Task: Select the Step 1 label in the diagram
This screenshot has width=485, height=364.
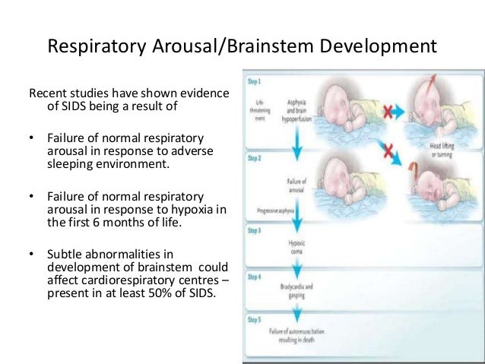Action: tap(253, 80)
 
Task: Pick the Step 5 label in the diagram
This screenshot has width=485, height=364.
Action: tap(253, 321)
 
